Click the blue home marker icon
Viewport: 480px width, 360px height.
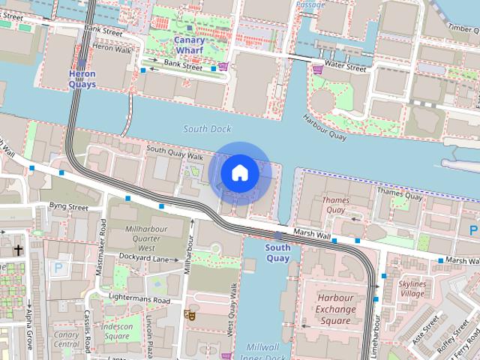239,173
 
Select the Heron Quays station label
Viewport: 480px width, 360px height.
82,79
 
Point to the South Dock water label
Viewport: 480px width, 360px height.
207,129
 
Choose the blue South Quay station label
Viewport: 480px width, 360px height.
277,253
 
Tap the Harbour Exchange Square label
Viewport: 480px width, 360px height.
335,309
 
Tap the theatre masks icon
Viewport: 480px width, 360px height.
190,316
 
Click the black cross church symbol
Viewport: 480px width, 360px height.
18,250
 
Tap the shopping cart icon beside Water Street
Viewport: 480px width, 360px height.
318,69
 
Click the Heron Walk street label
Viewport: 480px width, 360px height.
112,46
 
